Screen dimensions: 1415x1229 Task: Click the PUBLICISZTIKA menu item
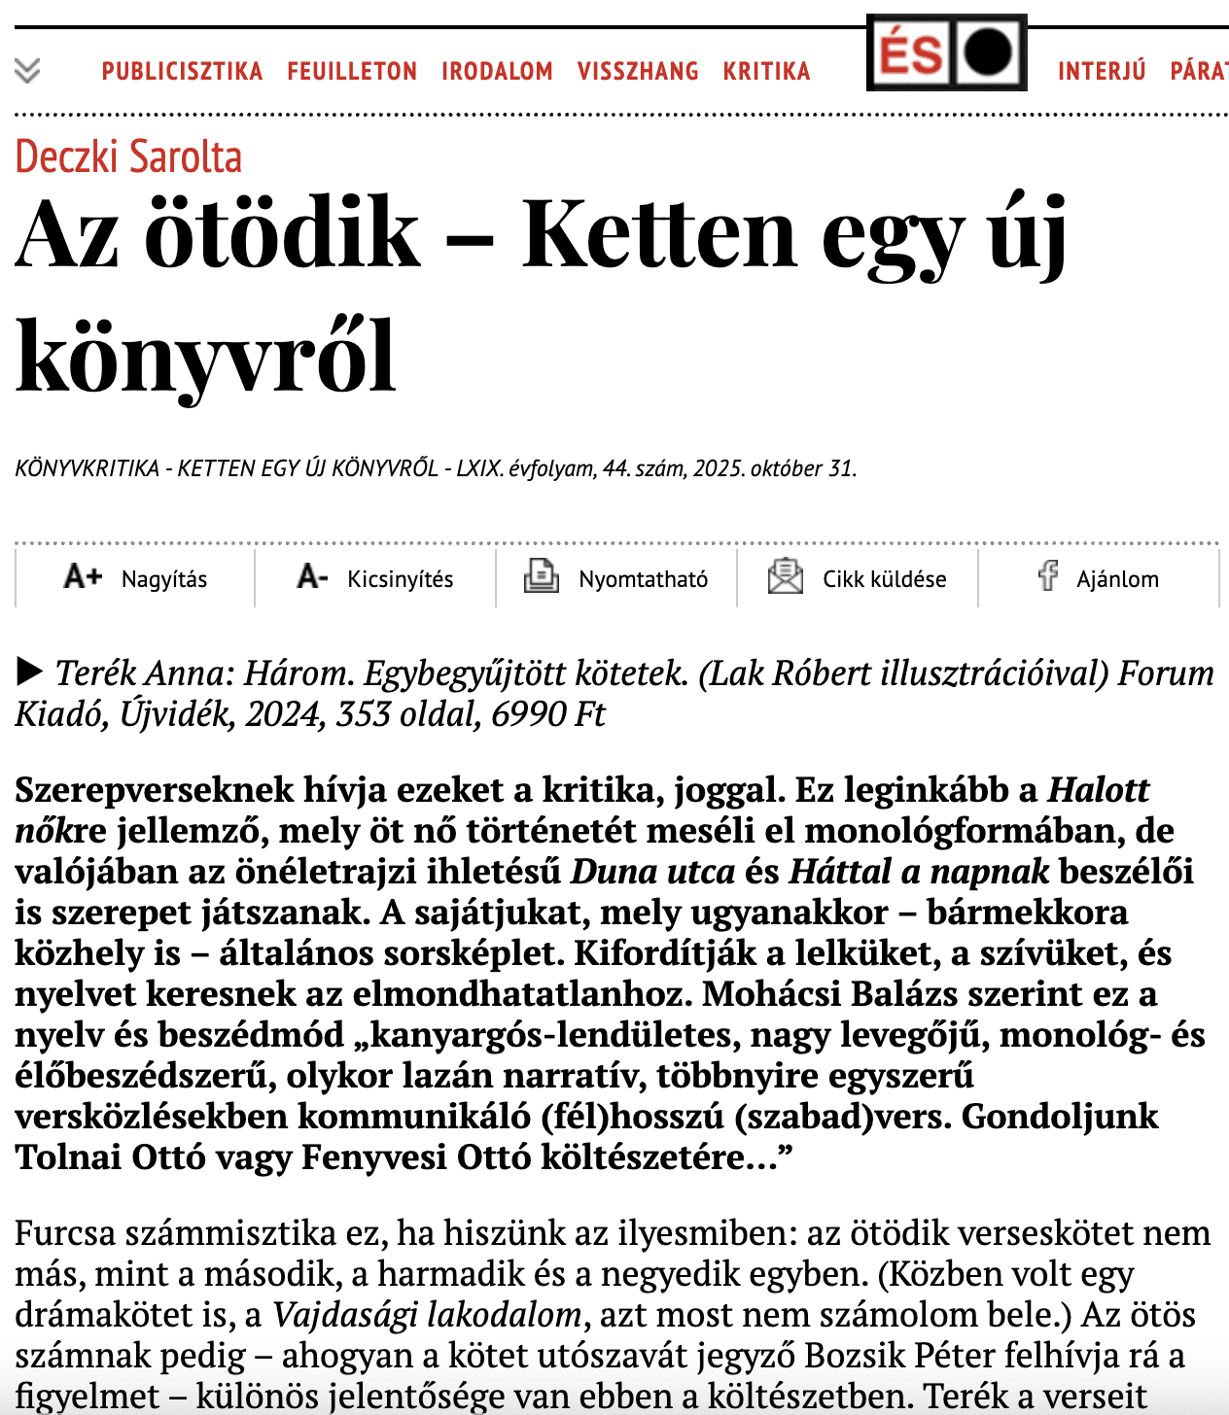[182, 71]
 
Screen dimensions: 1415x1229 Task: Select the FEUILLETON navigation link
[352, 71]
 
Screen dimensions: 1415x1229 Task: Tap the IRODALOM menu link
[497, 71]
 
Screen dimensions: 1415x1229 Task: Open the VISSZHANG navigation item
[638, 71]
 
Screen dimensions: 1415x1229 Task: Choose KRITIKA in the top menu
[766, 71]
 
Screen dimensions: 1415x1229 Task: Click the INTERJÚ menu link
[1102, 71]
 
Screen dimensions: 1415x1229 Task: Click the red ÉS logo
[911, 52]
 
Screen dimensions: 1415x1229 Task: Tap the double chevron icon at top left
[27, 70]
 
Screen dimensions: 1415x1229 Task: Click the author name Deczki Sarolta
[128, 157]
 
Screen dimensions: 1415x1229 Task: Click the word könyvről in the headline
[206, 356]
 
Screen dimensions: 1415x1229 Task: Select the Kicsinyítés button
[375, 578]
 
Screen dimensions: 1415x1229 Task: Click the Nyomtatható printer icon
[541, 576]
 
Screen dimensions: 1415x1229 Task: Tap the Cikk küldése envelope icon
[785, 576]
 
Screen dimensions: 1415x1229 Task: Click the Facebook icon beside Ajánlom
[1047, 575]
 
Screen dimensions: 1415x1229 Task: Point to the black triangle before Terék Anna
[30, 672]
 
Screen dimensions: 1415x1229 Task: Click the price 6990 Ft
[548, 714]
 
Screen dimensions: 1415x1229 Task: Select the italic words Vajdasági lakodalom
[427, 1315]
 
